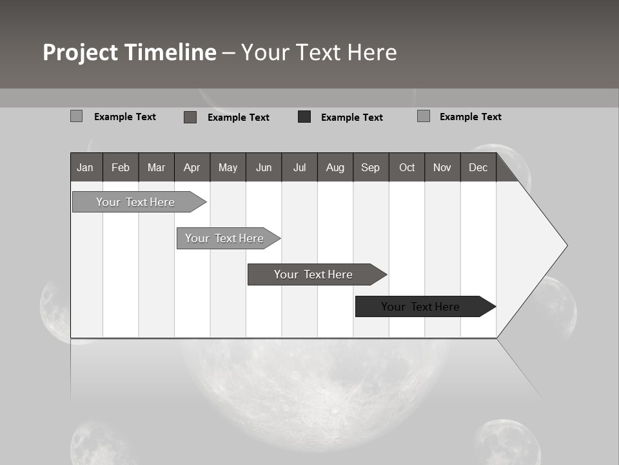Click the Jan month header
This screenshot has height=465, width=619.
pyautogui.click(x=85, y=167)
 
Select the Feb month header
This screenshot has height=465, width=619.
pyautogui.click(x=121, y=167)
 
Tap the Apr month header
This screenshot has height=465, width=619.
pyautogui.click(x=192, y=167)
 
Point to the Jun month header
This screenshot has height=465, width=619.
pyautogui.click(x=264, y=167)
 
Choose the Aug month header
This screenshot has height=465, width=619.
pyautogui.click(x=335, y=167)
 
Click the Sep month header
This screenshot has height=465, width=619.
pyautogui.click(x=370, y=167)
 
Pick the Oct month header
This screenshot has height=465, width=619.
pyautogui.click(x=407, y=167)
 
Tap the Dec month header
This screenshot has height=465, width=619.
pyautogui.click(x=478, y=167)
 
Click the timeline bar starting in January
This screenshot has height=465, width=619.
pyautogui.click(x=135, y=202)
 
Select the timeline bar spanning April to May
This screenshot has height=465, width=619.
pyautogui.click(x=224, y=238)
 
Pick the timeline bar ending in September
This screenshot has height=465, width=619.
pyautogui.click(x=313, y=274)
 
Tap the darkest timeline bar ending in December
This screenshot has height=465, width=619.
pyautogui.click(x=420, y=307)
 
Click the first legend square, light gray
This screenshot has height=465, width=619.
pyautogui.click(x=76, y=116)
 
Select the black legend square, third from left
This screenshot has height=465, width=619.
pyautogui.click(x=304, y=117)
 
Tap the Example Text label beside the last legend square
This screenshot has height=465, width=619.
pyautogui.click(x=470, y=117)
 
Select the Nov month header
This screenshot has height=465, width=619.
pyautogui.click(x=442, y=167)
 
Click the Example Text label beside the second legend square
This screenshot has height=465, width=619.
pyautogui.click(x=238, y=118)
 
